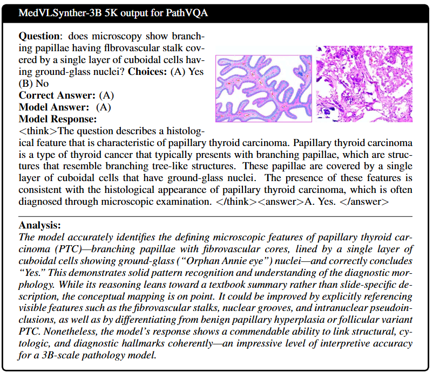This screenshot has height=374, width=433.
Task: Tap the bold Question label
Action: [x=39, y=37]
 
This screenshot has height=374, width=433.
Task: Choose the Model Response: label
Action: [x=58, y=119]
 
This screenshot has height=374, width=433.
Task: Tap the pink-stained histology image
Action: [x=364, y=86]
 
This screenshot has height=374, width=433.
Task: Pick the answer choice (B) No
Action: [x=34, y=84]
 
